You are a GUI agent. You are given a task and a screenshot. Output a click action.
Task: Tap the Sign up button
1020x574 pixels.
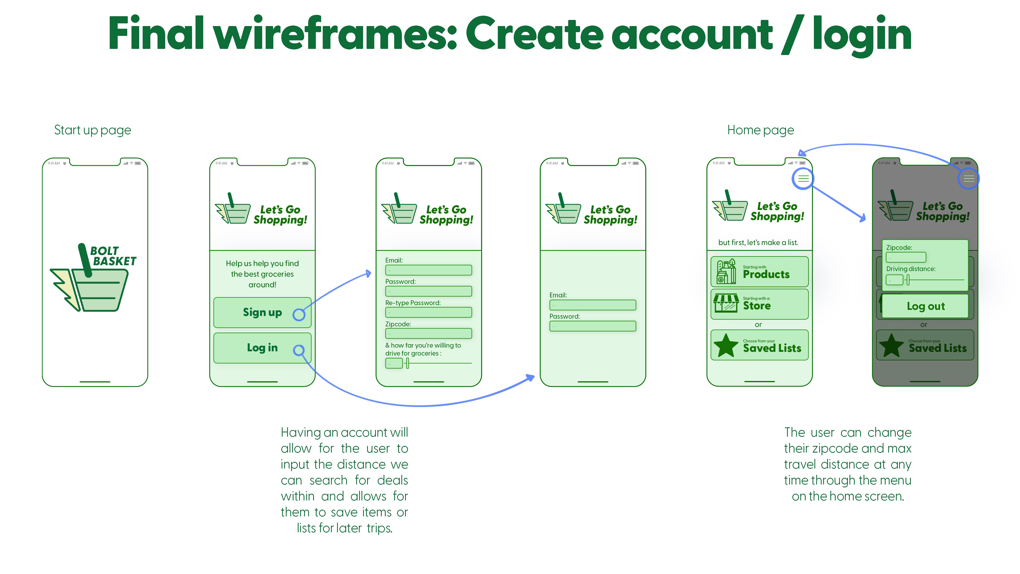pyautogui.click(x=262, y=313)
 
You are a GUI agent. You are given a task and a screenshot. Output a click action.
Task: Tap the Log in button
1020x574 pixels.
pyautogui.click(x=262, y=348)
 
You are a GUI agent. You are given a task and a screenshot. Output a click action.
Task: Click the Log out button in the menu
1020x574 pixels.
pyautogui.click(x=925, y=306)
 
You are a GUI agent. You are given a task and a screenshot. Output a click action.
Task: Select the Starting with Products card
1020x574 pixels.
pyautogui.click(x=759, y=272)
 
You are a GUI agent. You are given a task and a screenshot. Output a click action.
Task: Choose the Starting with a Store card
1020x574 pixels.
pyautogui.click(x=759, y=304)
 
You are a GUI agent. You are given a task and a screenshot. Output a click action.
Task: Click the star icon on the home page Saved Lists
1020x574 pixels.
pyautogui.click(x=725, y=345)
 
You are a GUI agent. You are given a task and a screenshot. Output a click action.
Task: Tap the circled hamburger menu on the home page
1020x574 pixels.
pyautogui.click(x=803, y=179)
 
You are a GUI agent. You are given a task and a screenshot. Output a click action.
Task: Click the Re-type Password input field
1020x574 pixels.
pyautogui.click(x=428, y=313)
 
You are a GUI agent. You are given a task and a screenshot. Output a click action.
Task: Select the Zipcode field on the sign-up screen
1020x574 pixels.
pyautogui.click(x=428, y=334)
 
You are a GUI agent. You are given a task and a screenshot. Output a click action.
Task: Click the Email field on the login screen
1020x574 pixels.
pyautogui.click(x=592, y=305)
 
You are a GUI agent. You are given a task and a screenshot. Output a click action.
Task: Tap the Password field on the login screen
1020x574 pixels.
pyautogui.click(x=592, y=326)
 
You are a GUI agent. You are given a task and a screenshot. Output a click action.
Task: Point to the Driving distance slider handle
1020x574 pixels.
pyautogui.click(x=908, y=280)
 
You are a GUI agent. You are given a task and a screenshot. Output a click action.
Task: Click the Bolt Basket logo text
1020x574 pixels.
pyautogui.click(x=113, y=256)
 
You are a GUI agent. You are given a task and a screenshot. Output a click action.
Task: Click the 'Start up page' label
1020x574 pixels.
pyautogui.click(x=92, y=130)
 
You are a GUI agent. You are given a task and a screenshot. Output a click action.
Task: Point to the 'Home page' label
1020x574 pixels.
pyautogui.click(x=760, y=130)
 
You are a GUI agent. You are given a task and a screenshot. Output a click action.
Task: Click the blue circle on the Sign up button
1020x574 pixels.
pyautogui.click(x=299, y=315)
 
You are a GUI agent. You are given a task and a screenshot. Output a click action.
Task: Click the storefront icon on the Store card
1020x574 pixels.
pyautogui.click(x=726, y=303)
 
